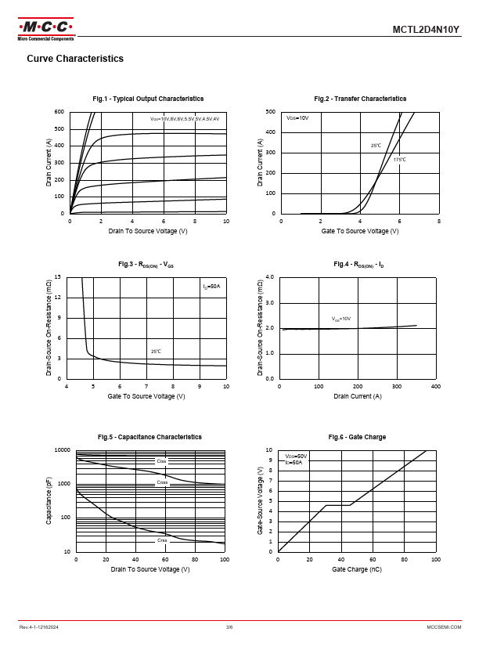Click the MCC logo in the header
(x=46, y=27)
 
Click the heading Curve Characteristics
(x=75, y=59)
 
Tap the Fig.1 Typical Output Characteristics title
(x=148, y=99)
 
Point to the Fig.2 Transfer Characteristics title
(x=360, y=99)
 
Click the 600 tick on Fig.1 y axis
(x=59, y=112)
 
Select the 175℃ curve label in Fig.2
(x=399, y=159)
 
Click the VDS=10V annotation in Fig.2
(x=297, y=117)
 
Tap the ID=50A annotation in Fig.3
(x=211, y=287)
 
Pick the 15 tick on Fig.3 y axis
(x=58, y=277)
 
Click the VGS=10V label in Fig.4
(x=340, y=319)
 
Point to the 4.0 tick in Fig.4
(x=269, y=277)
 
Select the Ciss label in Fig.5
(x=162, y=461)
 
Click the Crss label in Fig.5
(x=162, y=540)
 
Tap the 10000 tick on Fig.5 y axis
(x=61, y=450)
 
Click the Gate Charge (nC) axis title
(x=357, y=569)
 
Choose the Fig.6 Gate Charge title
(x=357, y=437)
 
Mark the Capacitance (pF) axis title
(x=49, y=501)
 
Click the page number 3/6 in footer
(x=229, y=628)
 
